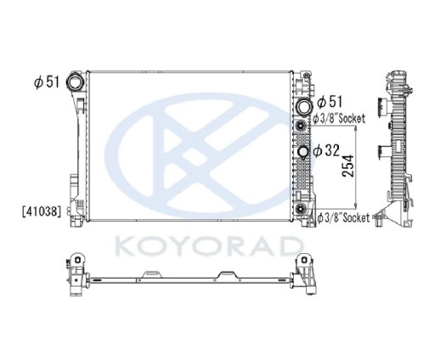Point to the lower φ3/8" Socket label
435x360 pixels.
click(x=343, y=218)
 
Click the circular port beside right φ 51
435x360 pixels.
click(x=304, y=107)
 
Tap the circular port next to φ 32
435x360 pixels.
click(x=304, y=153)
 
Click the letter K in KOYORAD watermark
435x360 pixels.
click(x=124, y=248)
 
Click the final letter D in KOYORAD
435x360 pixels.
click(x=291, y=248)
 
